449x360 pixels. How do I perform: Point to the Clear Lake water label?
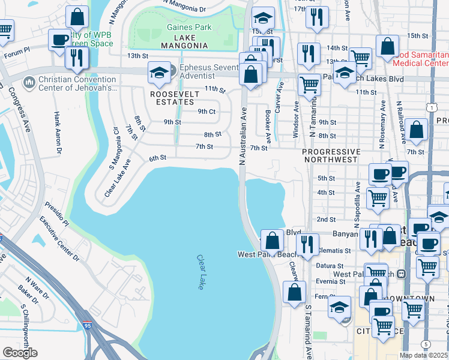[200, 272]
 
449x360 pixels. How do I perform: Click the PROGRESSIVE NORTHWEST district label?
[331, 155]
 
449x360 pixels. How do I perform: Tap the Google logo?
[20, 352]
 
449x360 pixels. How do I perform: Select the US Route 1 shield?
[430, 106]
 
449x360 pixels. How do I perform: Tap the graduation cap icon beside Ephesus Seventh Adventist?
[160, 73]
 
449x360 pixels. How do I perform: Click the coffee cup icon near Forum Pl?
[59, 40]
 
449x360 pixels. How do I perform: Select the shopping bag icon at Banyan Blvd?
[273, 241]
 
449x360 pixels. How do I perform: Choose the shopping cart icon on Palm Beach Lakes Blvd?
[309, 85]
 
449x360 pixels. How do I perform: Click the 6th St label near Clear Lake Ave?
[157, 158]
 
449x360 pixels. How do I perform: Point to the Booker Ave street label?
[268, 127]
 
